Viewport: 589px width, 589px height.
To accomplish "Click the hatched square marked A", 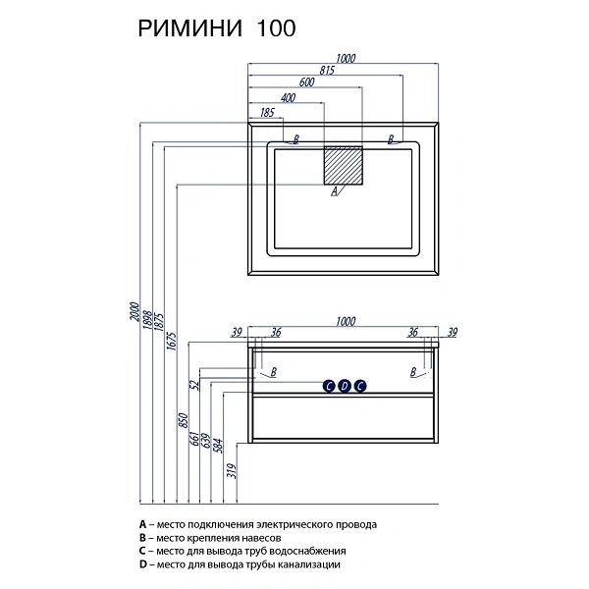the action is [x=344, y=166].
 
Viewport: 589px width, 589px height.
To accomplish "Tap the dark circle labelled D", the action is [x=345, y=386].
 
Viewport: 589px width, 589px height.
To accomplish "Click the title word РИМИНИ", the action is [x=190, y=28].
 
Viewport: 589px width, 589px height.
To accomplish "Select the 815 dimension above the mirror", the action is [x=327, y=71].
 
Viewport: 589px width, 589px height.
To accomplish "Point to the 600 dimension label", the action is [x=306, y=81].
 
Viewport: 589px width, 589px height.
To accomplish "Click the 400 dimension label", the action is [x=288, y=97].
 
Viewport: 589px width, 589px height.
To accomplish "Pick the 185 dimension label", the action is [x=267, y=112].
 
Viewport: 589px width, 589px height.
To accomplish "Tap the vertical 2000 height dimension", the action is [x=134, y=311].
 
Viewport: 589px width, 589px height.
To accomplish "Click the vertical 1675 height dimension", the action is [x=171, y=341].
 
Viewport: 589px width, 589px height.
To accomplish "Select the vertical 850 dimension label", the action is [x=183, y=421].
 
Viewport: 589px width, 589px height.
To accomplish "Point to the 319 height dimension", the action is [x=232, y=471].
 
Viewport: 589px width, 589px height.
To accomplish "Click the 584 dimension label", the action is [x=218, y=446].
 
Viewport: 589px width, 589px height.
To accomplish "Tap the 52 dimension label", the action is [x=195, y=385].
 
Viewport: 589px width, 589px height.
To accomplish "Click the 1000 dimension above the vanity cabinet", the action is [x=346, y=322].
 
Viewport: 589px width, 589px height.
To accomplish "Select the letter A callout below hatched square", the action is [x=335, y=191].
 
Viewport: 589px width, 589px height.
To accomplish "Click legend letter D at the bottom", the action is [x=142, y=564].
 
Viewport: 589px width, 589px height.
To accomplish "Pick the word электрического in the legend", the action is [x=293, y=525].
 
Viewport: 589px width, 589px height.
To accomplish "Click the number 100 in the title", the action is [x=276, y=28].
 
